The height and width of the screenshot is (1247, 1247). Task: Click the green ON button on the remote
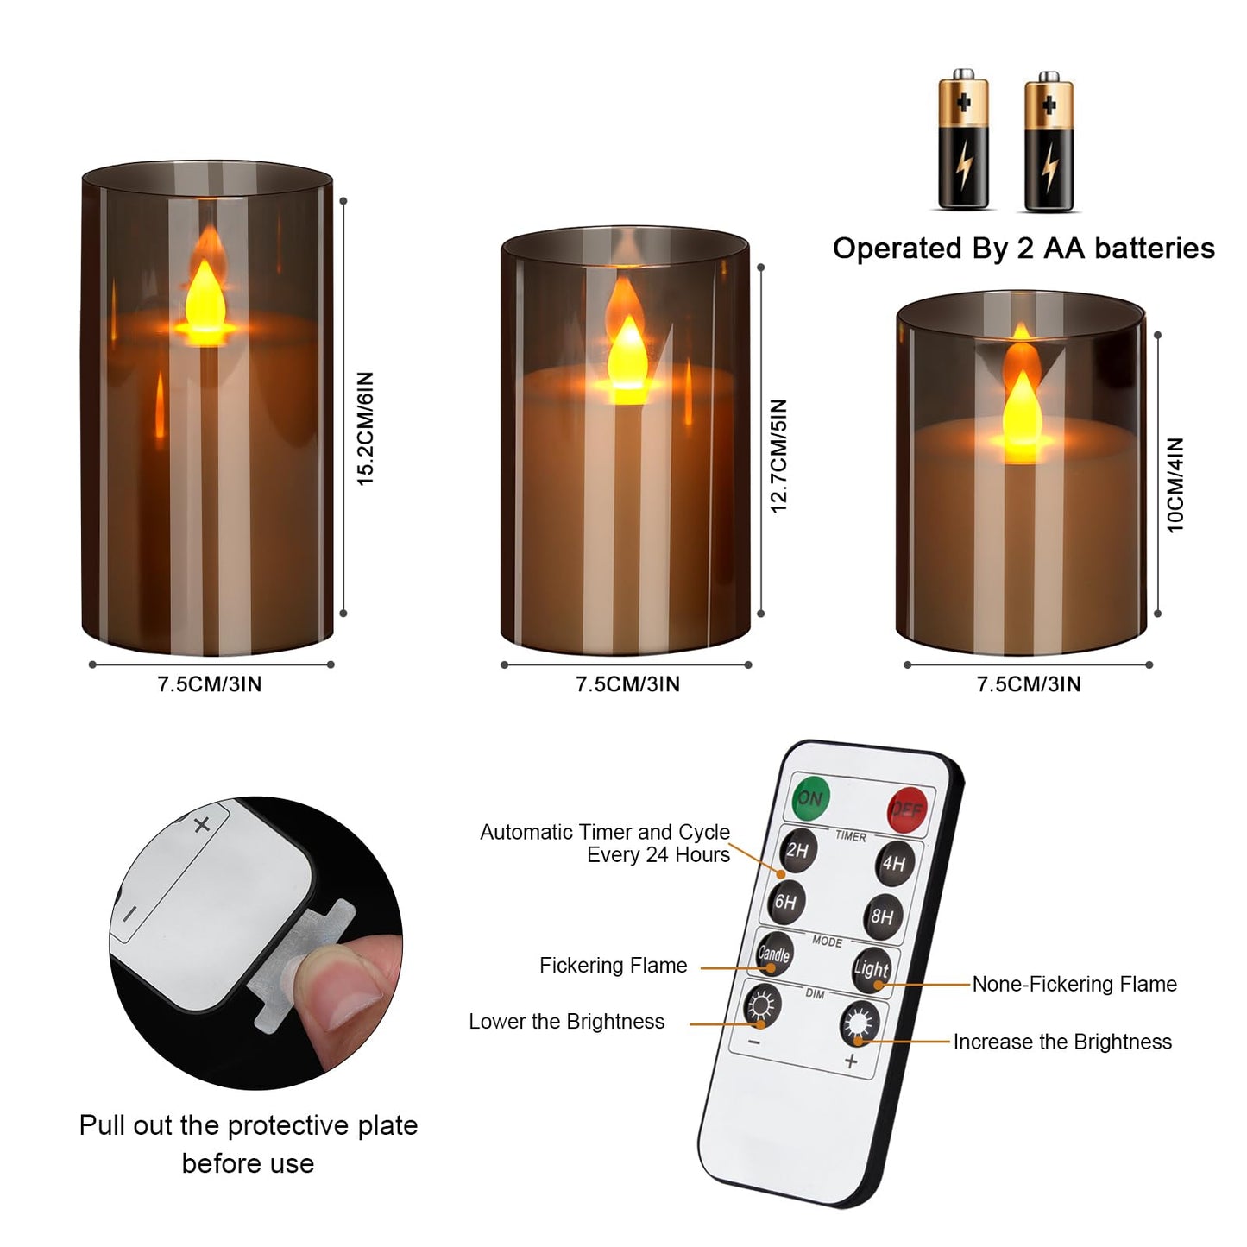coord(809,797)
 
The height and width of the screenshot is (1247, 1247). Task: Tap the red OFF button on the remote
coord(906,809)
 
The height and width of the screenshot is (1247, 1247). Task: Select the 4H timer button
coord(894,864)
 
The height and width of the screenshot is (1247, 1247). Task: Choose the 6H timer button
coord(785,903)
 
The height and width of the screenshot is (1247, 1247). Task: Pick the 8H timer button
coord(882,916)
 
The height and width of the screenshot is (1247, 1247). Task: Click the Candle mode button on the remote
coord(773,954)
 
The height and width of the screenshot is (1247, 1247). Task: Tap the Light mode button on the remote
coord(871,969)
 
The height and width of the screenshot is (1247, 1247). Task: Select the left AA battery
coord(963,140)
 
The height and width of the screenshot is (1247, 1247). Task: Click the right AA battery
coord(1049,142)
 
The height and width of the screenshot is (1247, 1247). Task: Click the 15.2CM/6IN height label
coord(366,428)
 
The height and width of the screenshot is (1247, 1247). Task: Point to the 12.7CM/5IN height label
coord(778,456)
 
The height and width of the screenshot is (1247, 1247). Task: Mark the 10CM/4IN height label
coord(1175,485)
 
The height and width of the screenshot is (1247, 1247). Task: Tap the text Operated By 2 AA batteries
coord(1023,249)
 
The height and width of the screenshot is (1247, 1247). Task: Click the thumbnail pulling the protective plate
coord(255,942)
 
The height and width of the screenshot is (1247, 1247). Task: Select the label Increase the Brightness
coord(1062,1042)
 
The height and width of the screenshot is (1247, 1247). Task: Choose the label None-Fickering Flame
coord(1074,985)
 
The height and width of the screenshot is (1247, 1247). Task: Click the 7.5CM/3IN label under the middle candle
coord(627,684)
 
